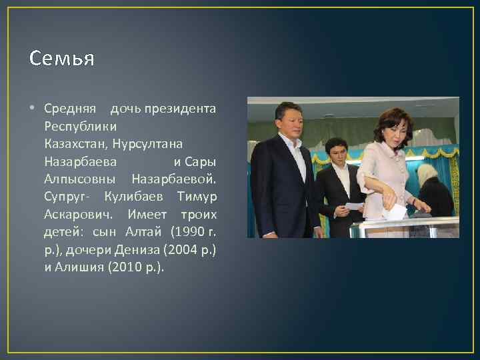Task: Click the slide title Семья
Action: pyautogui.click(x=62, y=59)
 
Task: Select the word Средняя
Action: pyautogui.click(x=70, y=108)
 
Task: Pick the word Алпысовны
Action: pyautogui.click(x=80, y=179)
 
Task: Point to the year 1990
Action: pyautogui.click(x=189, y=232)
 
